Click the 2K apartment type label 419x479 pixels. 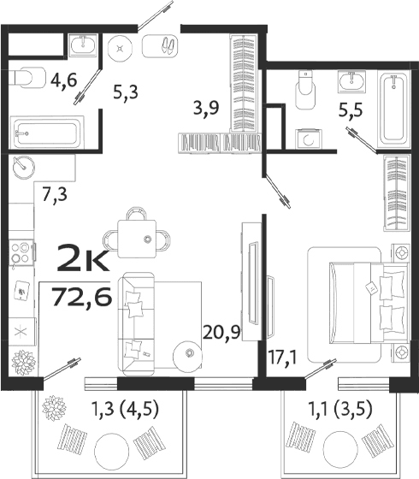82,256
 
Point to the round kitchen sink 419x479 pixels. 23,171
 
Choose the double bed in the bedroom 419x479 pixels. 355,303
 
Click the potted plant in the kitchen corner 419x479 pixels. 23,362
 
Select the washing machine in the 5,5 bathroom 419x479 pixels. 306,139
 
